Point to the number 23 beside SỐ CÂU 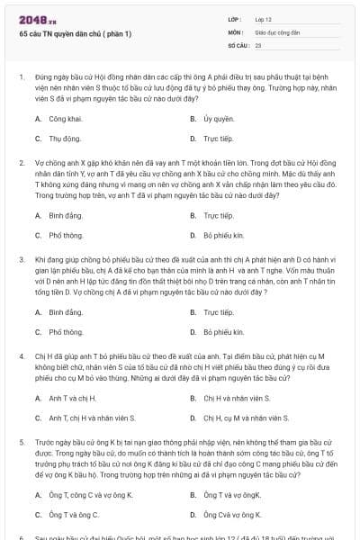coord(258,43)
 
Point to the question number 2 coord(21,164)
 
